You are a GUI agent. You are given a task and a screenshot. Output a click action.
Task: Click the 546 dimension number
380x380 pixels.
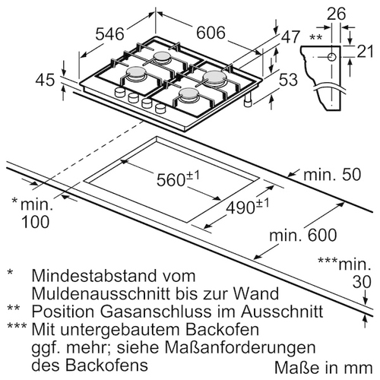pos(110,34)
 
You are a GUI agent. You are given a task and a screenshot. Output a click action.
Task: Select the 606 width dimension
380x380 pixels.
pos(211,33)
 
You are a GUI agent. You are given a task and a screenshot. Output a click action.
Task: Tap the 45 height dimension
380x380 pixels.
pos(45,80)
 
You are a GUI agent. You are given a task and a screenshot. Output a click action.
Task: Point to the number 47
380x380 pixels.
pos(290,37)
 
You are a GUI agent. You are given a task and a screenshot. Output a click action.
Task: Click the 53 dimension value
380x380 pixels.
pos(288,80)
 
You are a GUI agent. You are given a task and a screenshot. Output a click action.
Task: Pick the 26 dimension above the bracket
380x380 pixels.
pos(336,14)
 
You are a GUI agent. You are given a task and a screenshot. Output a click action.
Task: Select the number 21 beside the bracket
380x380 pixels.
pos(365,52)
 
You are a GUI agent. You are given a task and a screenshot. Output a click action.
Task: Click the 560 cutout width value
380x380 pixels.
pos(171,180)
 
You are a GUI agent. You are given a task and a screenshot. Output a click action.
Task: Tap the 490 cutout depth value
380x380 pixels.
pos(240,208)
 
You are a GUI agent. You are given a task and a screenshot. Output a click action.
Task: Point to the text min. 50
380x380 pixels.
pos(332,175)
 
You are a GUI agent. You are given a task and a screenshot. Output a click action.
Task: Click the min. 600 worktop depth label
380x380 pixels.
pos(303,235)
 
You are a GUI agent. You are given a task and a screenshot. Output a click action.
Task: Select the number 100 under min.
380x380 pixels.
pos(35,222)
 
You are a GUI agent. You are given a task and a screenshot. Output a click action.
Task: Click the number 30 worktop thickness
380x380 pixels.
pos(362,282)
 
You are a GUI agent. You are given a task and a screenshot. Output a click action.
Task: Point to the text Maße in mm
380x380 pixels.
pos(324,368)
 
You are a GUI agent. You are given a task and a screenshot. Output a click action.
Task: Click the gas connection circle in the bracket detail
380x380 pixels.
pos(331,57)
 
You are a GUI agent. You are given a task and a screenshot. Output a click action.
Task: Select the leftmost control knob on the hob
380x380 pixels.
pos(119,92)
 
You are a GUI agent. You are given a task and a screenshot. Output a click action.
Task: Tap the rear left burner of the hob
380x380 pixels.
pos(161,57)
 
